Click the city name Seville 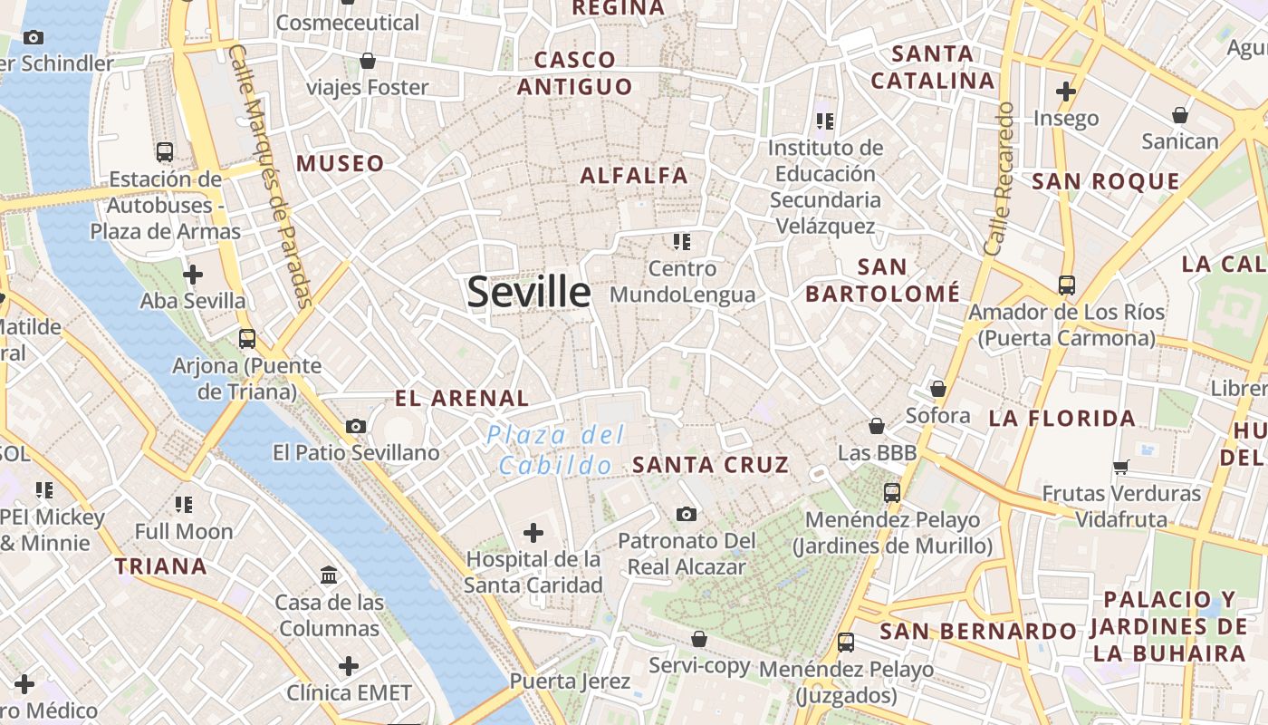point(529,292)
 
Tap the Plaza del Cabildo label point(555,450)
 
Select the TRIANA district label point(161,566)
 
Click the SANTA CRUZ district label point(711,465)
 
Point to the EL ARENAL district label point(462,398)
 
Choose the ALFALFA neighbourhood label point(634,176)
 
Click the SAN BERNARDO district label point(978,631)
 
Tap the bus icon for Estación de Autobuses point(165,151)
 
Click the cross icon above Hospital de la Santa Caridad point(533,532)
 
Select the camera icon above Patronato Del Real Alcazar point(687,514)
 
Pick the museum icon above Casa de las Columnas point(329,575)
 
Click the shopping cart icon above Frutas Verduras point(1121,467)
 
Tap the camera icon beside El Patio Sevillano point(356,426)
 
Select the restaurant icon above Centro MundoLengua point(682,241)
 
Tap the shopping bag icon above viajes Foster point(368,61)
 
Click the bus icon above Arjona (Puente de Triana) point(247,339)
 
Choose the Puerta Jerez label point(569,681)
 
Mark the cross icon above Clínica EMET point(349,666)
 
